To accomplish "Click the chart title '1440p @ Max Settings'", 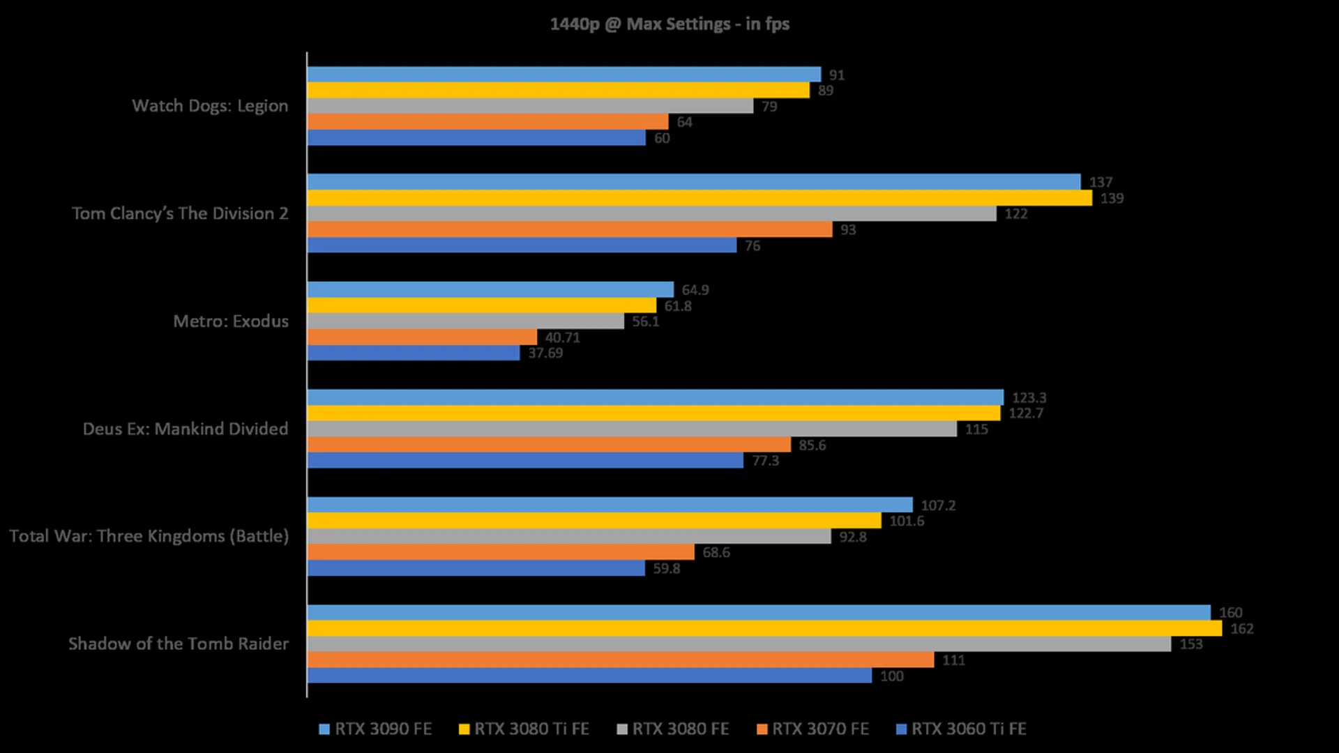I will point(669,24).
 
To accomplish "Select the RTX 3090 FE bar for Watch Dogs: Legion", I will point(563,75).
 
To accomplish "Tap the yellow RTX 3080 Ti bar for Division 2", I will point(699,198).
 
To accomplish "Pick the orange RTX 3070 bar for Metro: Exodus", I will point(422,337).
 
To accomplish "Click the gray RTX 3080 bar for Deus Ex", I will point(631,429).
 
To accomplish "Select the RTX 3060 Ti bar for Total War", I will point(476,568).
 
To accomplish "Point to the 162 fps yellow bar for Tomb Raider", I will point(764,628).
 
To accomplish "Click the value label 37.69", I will point(545,353).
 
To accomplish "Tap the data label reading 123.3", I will point(1029,397).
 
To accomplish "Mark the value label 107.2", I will point(938,505).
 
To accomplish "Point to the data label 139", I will point(1112,199).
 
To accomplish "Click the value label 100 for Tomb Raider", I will point(891,676).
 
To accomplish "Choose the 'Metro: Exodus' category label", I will point(231,321).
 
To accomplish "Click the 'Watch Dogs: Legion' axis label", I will point(210,106).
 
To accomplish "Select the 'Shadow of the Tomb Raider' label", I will point(179,644).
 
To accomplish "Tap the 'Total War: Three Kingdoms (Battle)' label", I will point(149,536).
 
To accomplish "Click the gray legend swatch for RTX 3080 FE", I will point(622,729).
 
